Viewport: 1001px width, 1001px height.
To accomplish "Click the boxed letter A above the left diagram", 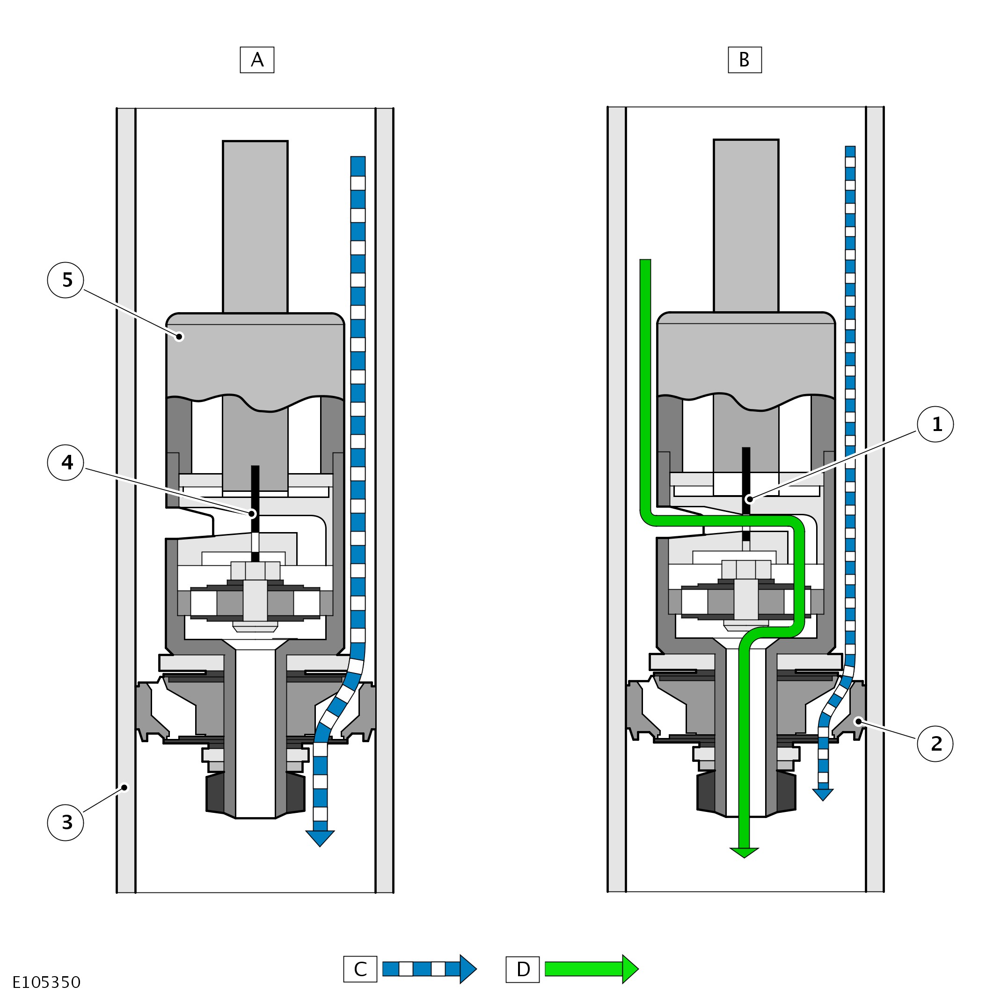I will [x=257, y=60].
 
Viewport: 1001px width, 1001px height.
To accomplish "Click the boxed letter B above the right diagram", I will [x=745, y=60].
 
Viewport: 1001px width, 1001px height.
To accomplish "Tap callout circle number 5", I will [x=66, y=280].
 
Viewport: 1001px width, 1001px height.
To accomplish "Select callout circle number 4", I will [x=66, y=463].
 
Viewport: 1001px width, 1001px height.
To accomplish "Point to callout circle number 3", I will [x=66, y=823].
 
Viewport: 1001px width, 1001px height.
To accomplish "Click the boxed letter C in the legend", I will [x=360, y=969].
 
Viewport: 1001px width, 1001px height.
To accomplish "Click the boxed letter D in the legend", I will [x=523, y=969].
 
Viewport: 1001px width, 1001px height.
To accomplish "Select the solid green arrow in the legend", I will [x=591, y=969].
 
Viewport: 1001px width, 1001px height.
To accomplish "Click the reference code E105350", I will [x=47, y=982].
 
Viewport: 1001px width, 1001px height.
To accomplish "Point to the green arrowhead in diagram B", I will [x=744, y=853].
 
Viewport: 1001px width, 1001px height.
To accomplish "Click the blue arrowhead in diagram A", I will [x=320, y=838].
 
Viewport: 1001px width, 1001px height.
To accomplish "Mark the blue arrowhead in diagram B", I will [x=823, y=794].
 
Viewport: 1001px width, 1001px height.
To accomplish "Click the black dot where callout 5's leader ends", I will [x=179, y=337].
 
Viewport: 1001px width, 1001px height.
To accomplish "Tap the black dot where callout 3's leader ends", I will [x=124, y=788].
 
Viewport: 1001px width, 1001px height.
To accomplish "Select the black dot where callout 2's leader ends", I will [x=859, y=721].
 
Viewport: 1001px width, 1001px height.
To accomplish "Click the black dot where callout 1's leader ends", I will [x=749, y=499].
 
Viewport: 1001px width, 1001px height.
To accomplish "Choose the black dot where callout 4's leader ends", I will [x=252, y=513].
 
